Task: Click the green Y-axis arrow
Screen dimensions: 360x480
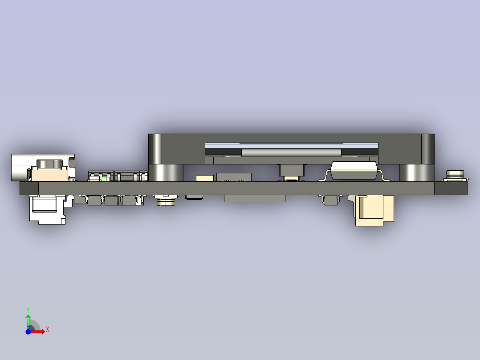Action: point(28,320)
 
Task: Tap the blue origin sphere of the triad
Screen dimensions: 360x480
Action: point(28,331)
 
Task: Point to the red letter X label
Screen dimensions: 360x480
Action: point(47,330)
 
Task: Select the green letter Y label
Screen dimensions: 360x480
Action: point(28,309)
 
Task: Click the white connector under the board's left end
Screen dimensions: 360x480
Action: point(46,209)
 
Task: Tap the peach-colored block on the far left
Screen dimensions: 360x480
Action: point(49,175)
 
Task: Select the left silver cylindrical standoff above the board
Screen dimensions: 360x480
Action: point(165,172)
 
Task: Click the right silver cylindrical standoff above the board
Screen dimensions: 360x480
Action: point(416,172)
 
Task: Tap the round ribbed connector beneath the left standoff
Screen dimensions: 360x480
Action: point(166,203)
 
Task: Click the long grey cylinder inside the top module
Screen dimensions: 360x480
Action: point(291,153)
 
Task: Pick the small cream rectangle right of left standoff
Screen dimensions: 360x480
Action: point(205,178)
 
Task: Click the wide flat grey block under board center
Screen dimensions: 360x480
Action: point(254,199)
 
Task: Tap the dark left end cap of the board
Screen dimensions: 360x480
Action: point(29,188)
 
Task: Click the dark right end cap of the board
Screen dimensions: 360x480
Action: point(451,188)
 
